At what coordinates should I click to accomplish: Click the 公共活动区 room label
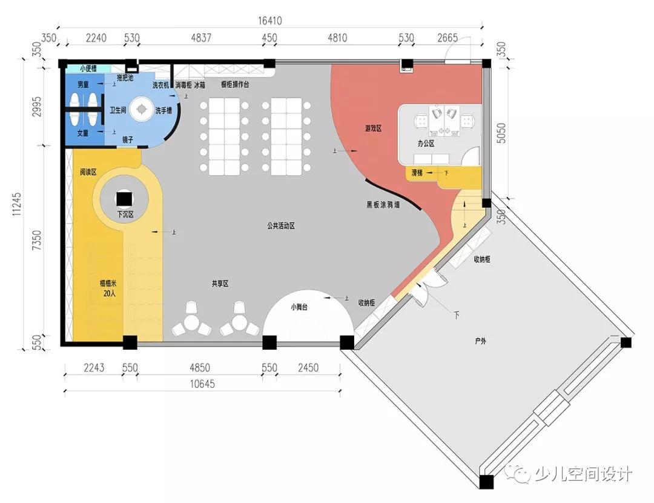coord(280,225)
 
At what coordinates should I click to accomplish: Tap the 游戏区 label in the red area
coord(373,128)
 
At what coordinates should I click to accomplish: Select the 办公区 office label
coord(426,144)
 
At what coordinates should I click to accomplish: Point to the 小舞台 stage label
coord(299,307)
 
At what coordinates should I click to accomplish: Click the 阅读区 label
coord(88,172)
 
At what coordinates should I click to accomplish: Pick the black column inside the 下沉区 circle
coord(124,199)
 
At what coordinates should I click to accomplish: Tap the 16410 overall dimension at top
coord(270,21)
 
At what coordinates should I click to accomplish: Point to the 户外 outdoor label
coord(481,341)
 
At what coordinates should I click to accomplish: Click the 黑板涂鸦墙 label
coord(383,205)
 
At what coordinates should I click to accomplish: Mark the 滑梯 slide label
coord(417,173)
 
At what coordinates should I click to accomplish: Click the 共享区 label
coord(220,284)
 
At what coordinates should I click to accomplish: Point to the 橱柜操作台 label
coord(235,85)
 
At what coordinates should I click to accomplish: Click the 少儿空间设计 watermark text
coord(583,473)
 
